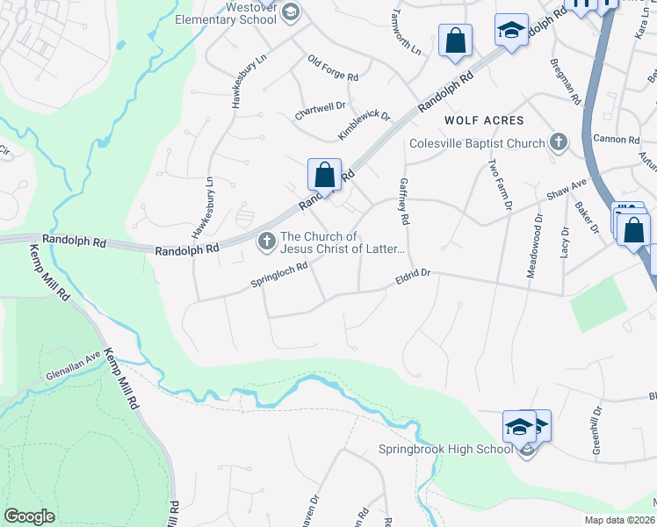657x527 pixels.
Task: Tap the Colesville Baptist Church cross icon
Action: [x=558, y=142]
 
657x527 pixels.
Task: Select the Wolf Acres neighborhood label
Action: [x=483, y=120]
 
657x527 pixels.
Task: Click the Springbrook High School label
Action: [x=444, y=450]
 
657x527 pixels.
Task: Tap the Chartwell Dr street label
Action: [x=320, y=109]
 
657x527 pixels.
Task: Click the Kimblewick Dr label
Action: [x=364, y=126]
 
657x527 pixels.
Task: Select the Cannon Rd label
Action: [x=616, y=139]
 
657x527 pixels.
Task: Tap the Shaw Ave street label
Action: [x=567, y=189]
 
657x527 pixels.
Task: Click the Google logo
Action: [x=29, y=516]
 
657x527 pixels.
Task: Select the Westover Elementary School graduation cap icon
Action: [x=291, y=11]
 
